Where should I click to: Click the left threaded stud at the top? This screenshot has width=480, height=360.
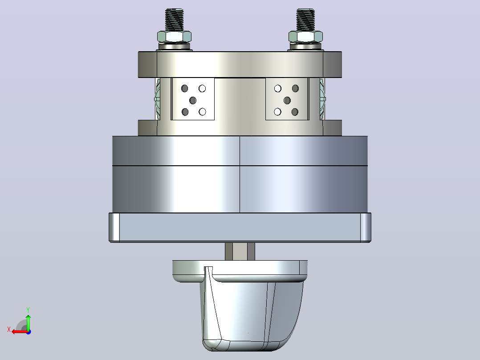(x=174, y=20)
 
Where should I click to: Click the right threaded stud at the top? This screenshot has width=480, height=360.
(x=305, y=20)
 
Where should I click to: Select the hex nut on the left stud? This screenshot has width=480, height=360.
(x=174, y=37)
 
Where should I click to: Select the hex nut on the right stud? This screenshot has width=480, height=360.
(x=305, y=37)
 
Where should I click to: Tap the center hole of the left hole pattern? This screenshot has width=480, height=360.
(x=193, y=100)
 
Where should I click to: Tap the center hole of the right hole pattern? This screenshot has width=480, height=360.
(x=287, y=100)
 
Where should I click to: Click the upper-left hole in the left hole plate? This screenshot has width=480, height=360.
(x=185, y=89)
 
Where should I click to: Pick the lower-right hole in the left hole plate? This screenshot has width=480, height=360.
(x=202, y=112)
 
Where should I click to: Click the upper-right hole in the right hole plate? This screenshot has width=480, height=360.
(x=295, y=89)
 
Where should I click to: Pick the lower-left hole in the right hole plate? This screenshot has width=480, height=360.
(x=278, y=112)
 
